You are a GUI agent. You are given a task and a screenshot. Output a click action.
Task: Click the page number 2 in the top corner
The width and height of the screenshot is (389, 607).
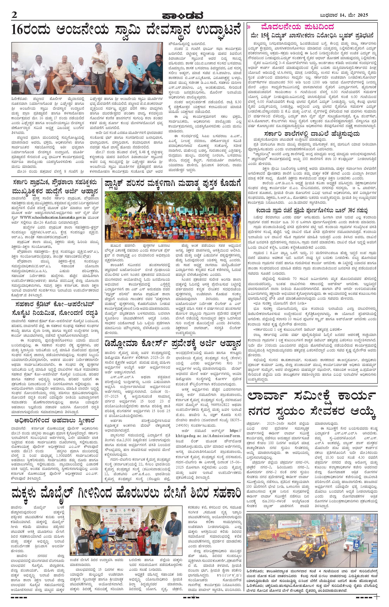pyautogui.click(x=14, y=15)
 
